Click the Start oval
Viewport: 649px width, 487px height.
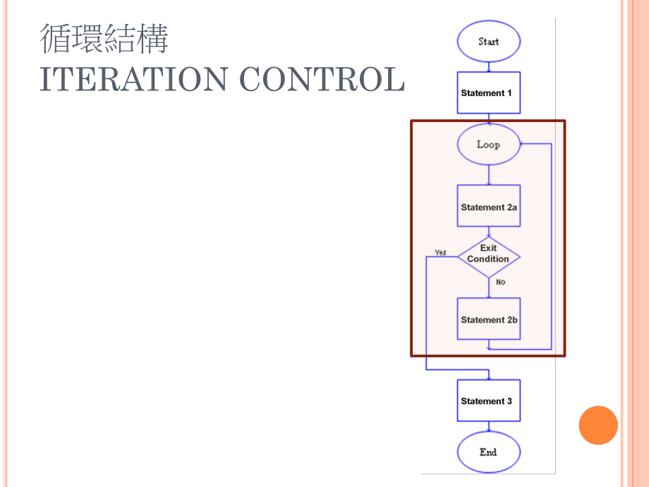tap(488, 41)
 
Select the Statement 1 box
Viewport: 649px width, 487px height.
tap(488, 92)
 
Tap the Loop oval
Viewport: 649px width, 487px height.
tap(488, 145)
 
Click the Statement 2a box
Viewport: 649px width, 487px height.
tap(488, 206)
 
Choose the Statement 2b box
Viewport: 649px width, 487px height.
tap(488, 319)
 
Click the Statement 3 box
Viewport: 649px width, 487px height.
tap(488, 400)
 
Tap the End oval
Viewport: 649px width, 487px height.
tap(488, 452)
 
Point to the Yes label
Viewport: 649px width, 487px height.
tap(440, 252)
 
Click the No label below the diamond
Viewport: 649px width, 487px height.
tap(500, 282)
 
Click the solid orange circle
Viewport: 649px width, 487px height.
tap(598, 426)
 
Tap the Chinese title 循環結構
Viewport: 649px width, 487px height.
tap(104, 39)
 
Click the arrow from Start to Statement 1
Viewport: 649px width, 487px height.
tap(488, 66)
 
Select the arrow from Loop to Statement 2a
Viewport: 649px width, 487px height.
tap(488, 175)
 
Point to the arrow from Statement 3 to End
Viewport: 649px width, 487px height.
tap(488, 428)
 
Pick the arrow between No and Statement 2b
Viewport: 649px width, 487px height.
tap(488, 291)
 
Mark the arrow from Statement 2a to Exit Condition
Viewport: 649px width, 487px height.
tap(488, 232)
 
